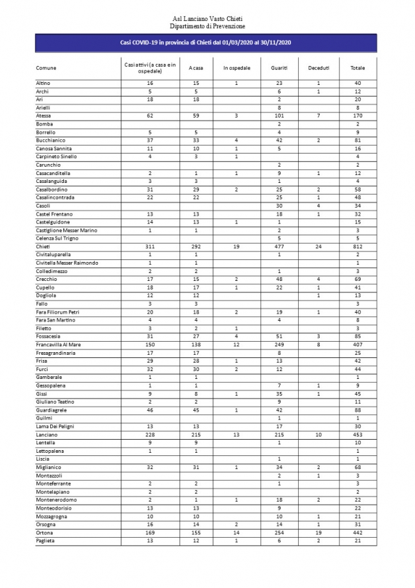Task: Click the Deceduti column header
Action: click(x=318, y=68)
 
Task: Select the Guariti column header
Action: click(x=279, y=68)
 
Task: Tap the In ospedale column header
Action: click(x=236, y=68)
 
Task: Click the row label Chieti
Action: click(x=43, y=246)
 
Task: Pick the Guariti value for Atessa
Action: click(x=279, y=116)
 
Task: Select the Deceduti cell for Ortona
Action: click(x=318, y=532)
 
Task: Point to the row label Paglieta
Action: click(x=46, y=540)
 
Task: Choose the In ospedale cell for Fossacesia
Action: click(x=236, y=336)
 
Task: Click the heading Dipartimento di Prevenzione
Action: click(x=207, y=25)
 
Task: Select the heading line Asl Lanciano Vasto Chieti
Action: click(x=207, y=19)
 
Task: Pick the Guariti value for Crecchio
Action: click(x=279, y=279)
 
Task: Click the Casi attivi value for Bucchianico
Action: click(x=150, y=140)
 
